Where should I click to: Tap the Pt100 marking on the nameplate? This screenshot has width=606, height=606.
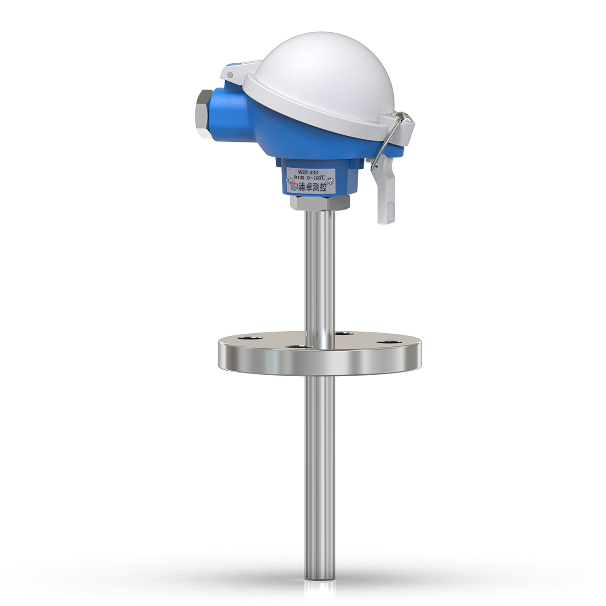(295, 179)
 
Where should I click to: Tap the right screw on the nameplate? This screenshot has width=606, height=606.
(331, 180)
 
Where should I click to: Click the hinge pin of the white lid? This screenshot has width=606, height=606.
(230, 75)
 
